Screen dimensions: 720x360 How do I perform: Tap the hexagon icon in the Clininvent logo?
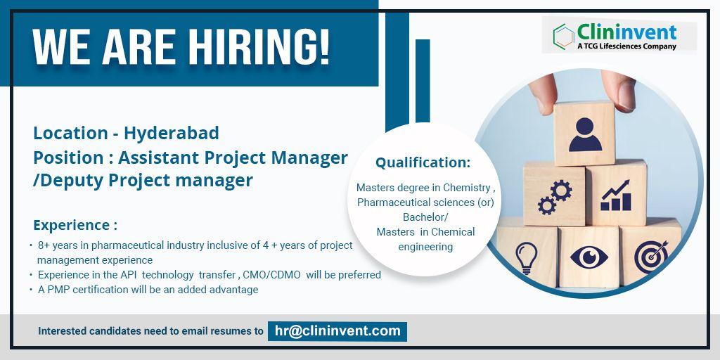[563, 35]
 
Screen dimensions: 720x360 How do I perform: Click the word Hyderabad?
[172, 134]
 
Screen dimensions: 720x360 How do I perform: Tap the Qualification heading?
[423, 162]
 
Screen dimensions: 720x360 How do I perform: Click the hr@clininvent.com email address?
[337, 331]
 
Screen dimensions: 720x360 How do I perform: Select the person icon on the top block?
[585, 134]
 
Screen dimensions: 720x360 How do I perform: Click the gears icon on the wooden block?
[555, 197]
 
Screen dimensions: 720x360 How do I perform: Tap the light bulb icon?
[526, 257]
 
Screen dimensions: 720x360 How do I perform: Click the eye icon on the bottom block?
[589, 257]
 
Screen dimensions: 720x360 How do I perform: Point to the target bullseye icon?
[651, 257]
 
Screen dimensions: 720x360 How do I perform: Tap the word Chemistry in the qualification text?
[467, 188]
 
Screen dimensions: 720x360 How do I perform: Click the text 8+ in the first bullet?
[44, 245]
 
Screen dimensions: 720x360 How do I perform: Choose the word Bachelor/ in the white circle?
[425, 217]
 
